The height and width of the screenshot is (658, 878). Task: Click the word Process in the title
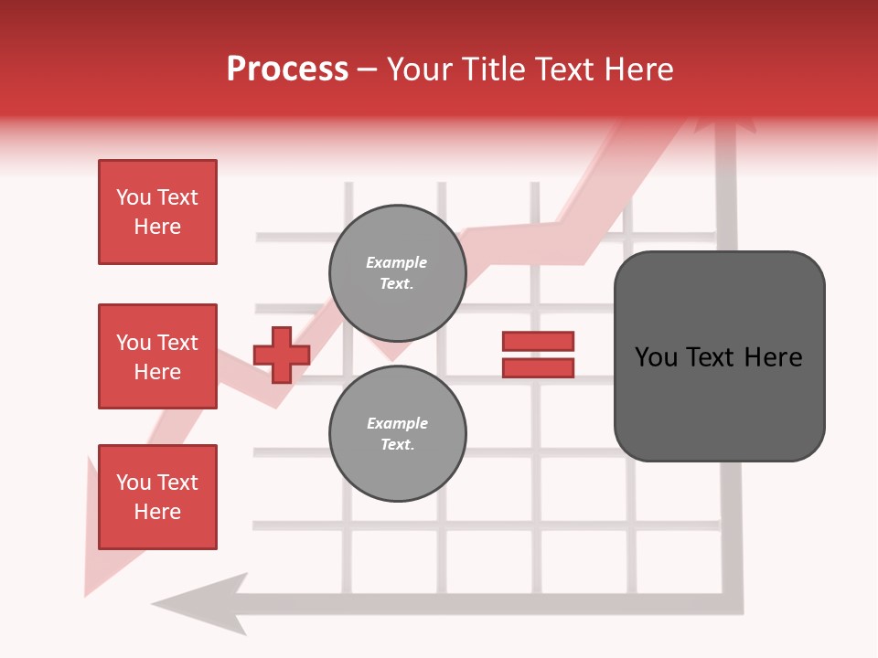[287, 69]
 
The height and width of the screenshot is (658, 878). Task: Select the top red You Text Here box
[157, 212]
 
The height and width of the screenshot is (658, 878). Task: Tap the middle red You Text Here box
[157, 356]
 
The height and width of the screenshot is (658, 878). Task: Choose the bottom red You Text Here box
[157, 497]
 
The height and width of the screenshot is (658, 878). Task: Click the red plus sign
[282, 355]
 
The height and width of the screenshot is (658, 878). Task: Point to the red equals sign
[538, 355]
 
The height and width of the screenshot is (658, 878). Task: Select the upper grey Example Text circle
[397, 273]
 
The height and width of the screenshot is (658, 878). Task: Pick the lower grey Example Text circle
[397, 434]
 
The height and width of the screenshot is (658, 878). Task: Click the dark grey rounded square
[719, 356]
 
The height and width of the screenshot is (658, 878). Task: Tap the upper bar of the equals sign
[538, 341]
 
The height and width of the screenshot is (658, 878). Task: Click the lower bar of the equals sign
[538, 368]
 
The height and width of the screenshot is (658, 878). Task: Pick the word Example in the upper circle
[397, 262]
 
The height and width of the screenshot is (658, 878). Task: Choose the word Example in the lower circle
[397, 423]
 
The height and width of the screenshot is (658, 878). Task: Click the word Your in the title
[423, 69]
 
